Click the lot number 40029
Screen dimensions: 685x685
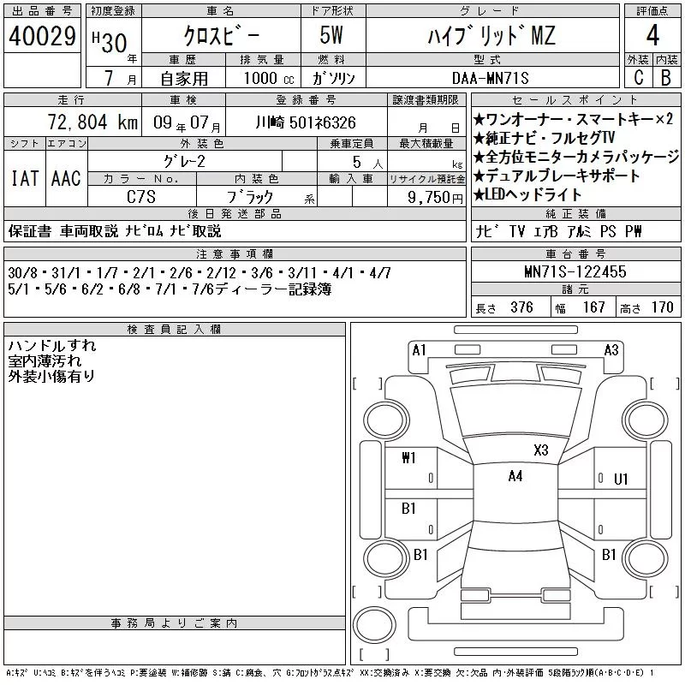point(42,36)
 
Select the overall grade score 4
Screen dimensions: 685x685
point(652,35)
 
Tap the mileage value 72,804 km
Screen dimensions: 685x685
point(92,122)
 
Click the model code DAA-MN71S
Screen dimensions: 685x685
point(490,79)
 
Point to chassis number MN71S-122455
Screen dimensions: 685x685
point(575,271)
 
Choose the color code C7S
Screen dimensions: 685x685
point(141,197)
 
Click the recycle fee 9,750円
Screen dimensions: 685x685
point(435,198)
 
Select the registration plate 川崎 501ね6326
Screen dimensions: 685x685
point(306,122)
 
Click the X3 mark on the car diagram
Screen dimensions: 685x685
point(541,450)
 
